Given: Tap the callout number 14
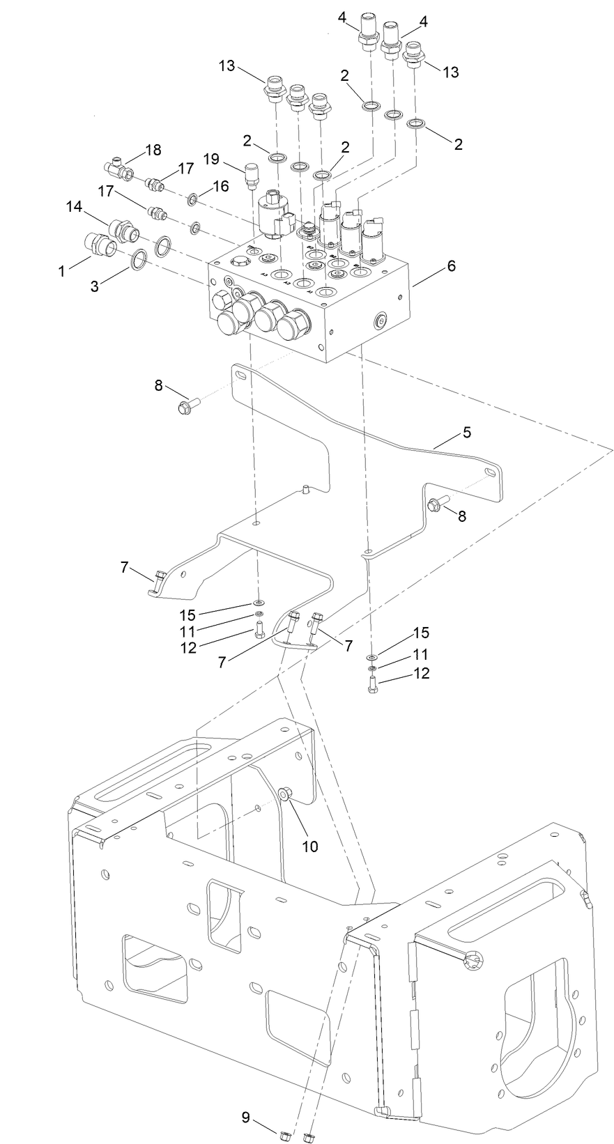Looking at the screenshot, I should [x=74, y=206].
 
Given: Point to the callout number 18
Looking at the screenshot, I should [x=153, y=150].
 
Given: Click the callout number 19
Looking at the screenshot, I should [x=212, y=159].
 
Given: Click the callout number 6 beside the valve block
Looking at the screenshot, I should [x=451, y=265].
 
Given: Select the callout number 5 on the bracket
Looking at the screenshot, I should [x=466, y=432].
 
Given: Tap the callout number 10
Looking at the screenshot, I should [x=309, y=846].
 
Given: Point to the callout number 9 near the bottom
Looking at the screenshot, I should [x=245, y=1118].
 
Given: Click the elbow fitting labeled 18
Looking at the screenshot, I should [x=118, y=167].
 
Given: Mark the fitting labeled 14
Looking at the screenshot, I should [x=123, y=228].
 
